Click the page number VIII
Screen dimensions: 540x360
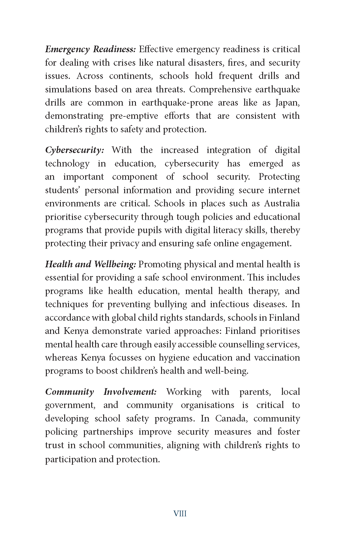click(180, 514)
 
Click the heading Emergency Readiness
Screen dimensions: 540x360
click(91, 49)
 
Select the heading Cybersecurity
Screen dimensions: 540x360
click(74, 150)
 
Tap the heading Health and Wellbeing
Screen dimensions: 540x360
click(91, 264)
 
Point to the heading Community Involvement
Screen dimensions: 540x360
click(101, 392)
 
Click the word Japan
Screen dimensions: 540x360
click(287, 103)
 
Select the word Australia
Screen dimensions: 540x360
click(282, 203)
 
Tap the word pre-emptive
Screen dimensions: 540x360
click(133, 116)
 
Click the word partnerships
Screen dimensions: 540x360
click(108, 432)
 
